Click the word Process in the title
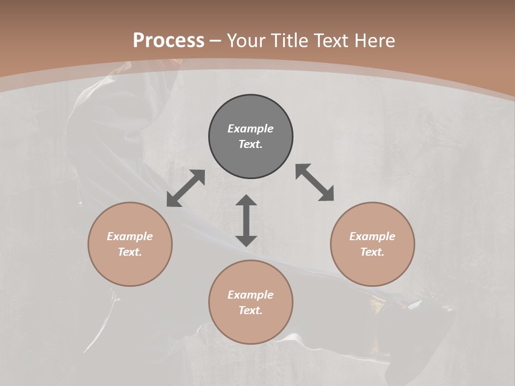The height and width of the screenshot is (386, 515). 168,41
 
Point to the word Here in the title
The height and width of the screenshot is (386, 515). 375,41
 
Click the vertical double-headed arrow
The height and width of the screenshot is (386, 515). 246,220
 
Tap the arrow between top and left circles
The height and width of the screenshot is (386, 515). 186,188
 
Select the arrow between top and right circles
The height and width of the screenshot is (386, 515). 314,182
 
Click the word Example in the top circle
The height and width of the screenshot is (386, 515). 251,129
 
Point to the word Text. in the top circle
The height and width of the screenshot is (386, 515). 251,144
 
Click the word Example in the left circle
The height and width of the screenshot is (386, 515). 130,236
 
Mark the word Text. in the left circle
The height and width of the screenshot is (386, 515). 130,252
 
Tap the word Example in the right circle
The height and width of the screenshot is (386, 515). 372,236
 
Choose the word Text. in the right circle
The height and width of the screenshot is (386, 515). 372,252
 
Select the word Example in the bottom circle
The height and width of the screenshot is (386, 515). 251,295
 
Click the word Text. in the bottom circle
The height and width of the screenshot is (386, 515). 251,310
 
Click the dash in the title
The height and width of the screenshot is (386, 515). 216,41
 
